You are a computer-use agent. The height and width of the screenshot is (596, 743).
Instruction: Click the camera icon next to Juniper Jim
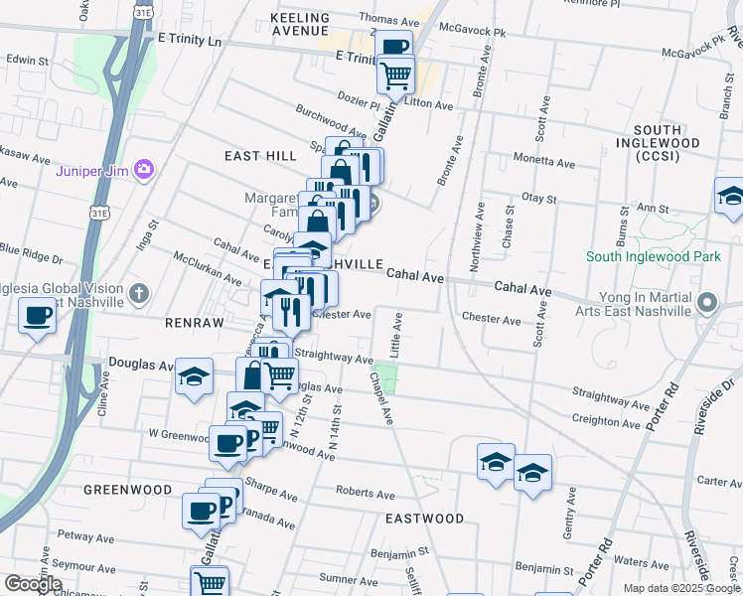pyautogui.click(x=144, y=170)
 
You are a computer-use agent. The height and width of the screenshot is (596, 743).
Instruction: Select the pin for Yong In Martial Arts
pyautogui.click(x=707, y=302)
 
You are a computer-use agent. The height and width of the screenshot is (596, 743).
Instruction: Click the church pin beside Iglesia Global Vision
pyautogui.click(x=139, y=293)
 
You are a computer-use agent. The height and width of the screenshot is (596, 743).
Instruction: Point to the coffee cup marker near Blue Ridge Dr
pyautogui.click(x=38, y=317)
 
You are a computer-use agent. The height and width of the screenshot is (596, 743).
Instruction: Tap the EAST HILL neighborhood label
pyautogui.click(x=260, y=156)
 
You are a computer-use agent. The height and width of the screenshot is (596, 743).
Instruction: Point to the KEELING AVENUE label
pyautogui.click(x=300, y=25)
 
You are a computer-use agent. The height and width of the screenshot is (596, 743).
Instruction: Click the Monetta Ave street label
pyautogui.click(x=544, y=161)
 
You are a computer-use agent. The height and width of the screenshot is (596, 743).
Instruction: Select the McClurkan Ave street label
pyautogui.click(x=205, y=269)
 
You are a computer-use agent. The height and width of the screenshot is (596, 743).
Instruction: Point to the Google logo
pyautogui.click(x=33, y=584)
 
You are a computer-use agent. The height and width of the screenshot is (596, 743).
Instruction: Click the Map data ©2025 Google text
pyautogui.click(x=680, y=588)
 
